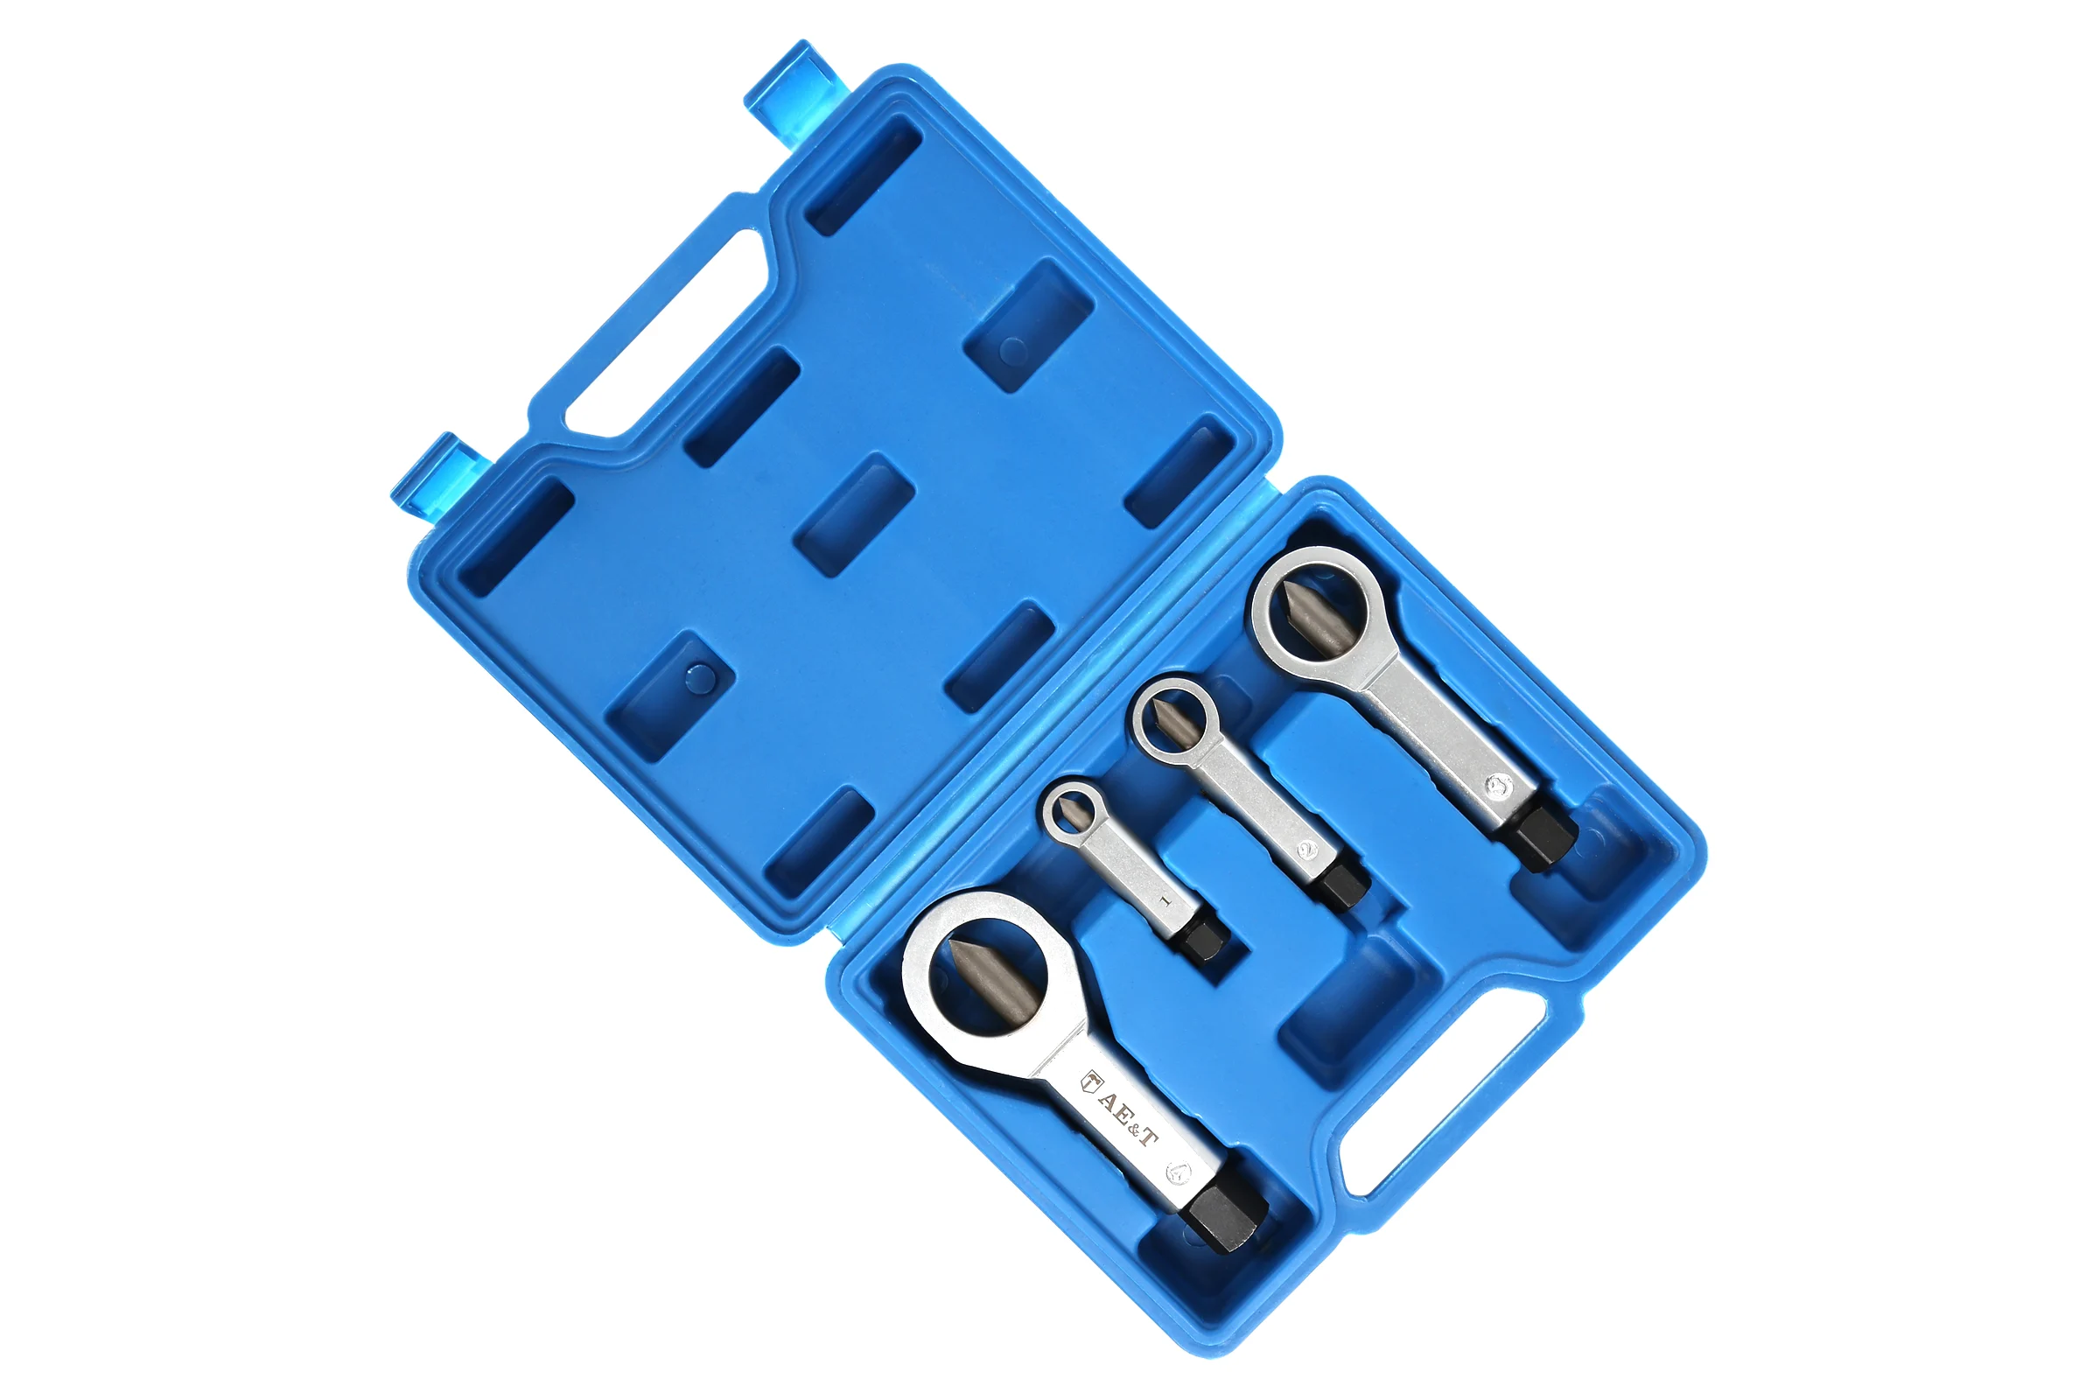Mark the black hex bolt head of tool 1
coord(1204,940)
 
